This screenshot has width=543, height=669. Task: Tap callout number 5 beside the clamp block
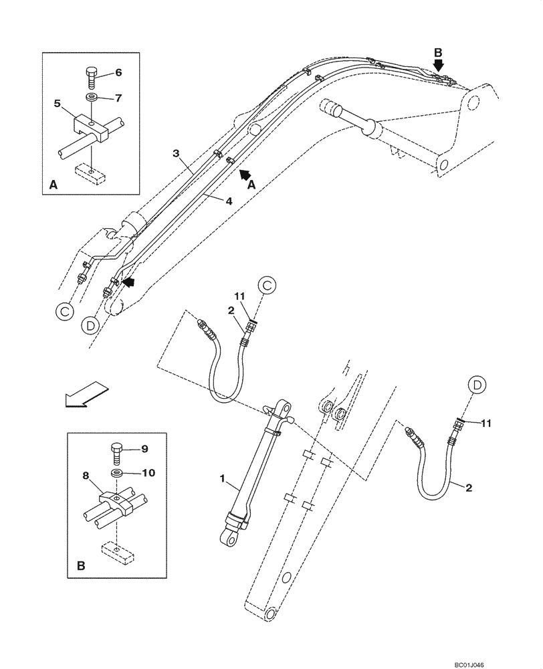coord(58,104)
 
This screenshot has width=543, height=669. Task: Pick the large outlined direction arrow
coord(84,395)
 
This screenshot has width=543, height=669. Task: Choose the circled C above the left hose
coord(267,286)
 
